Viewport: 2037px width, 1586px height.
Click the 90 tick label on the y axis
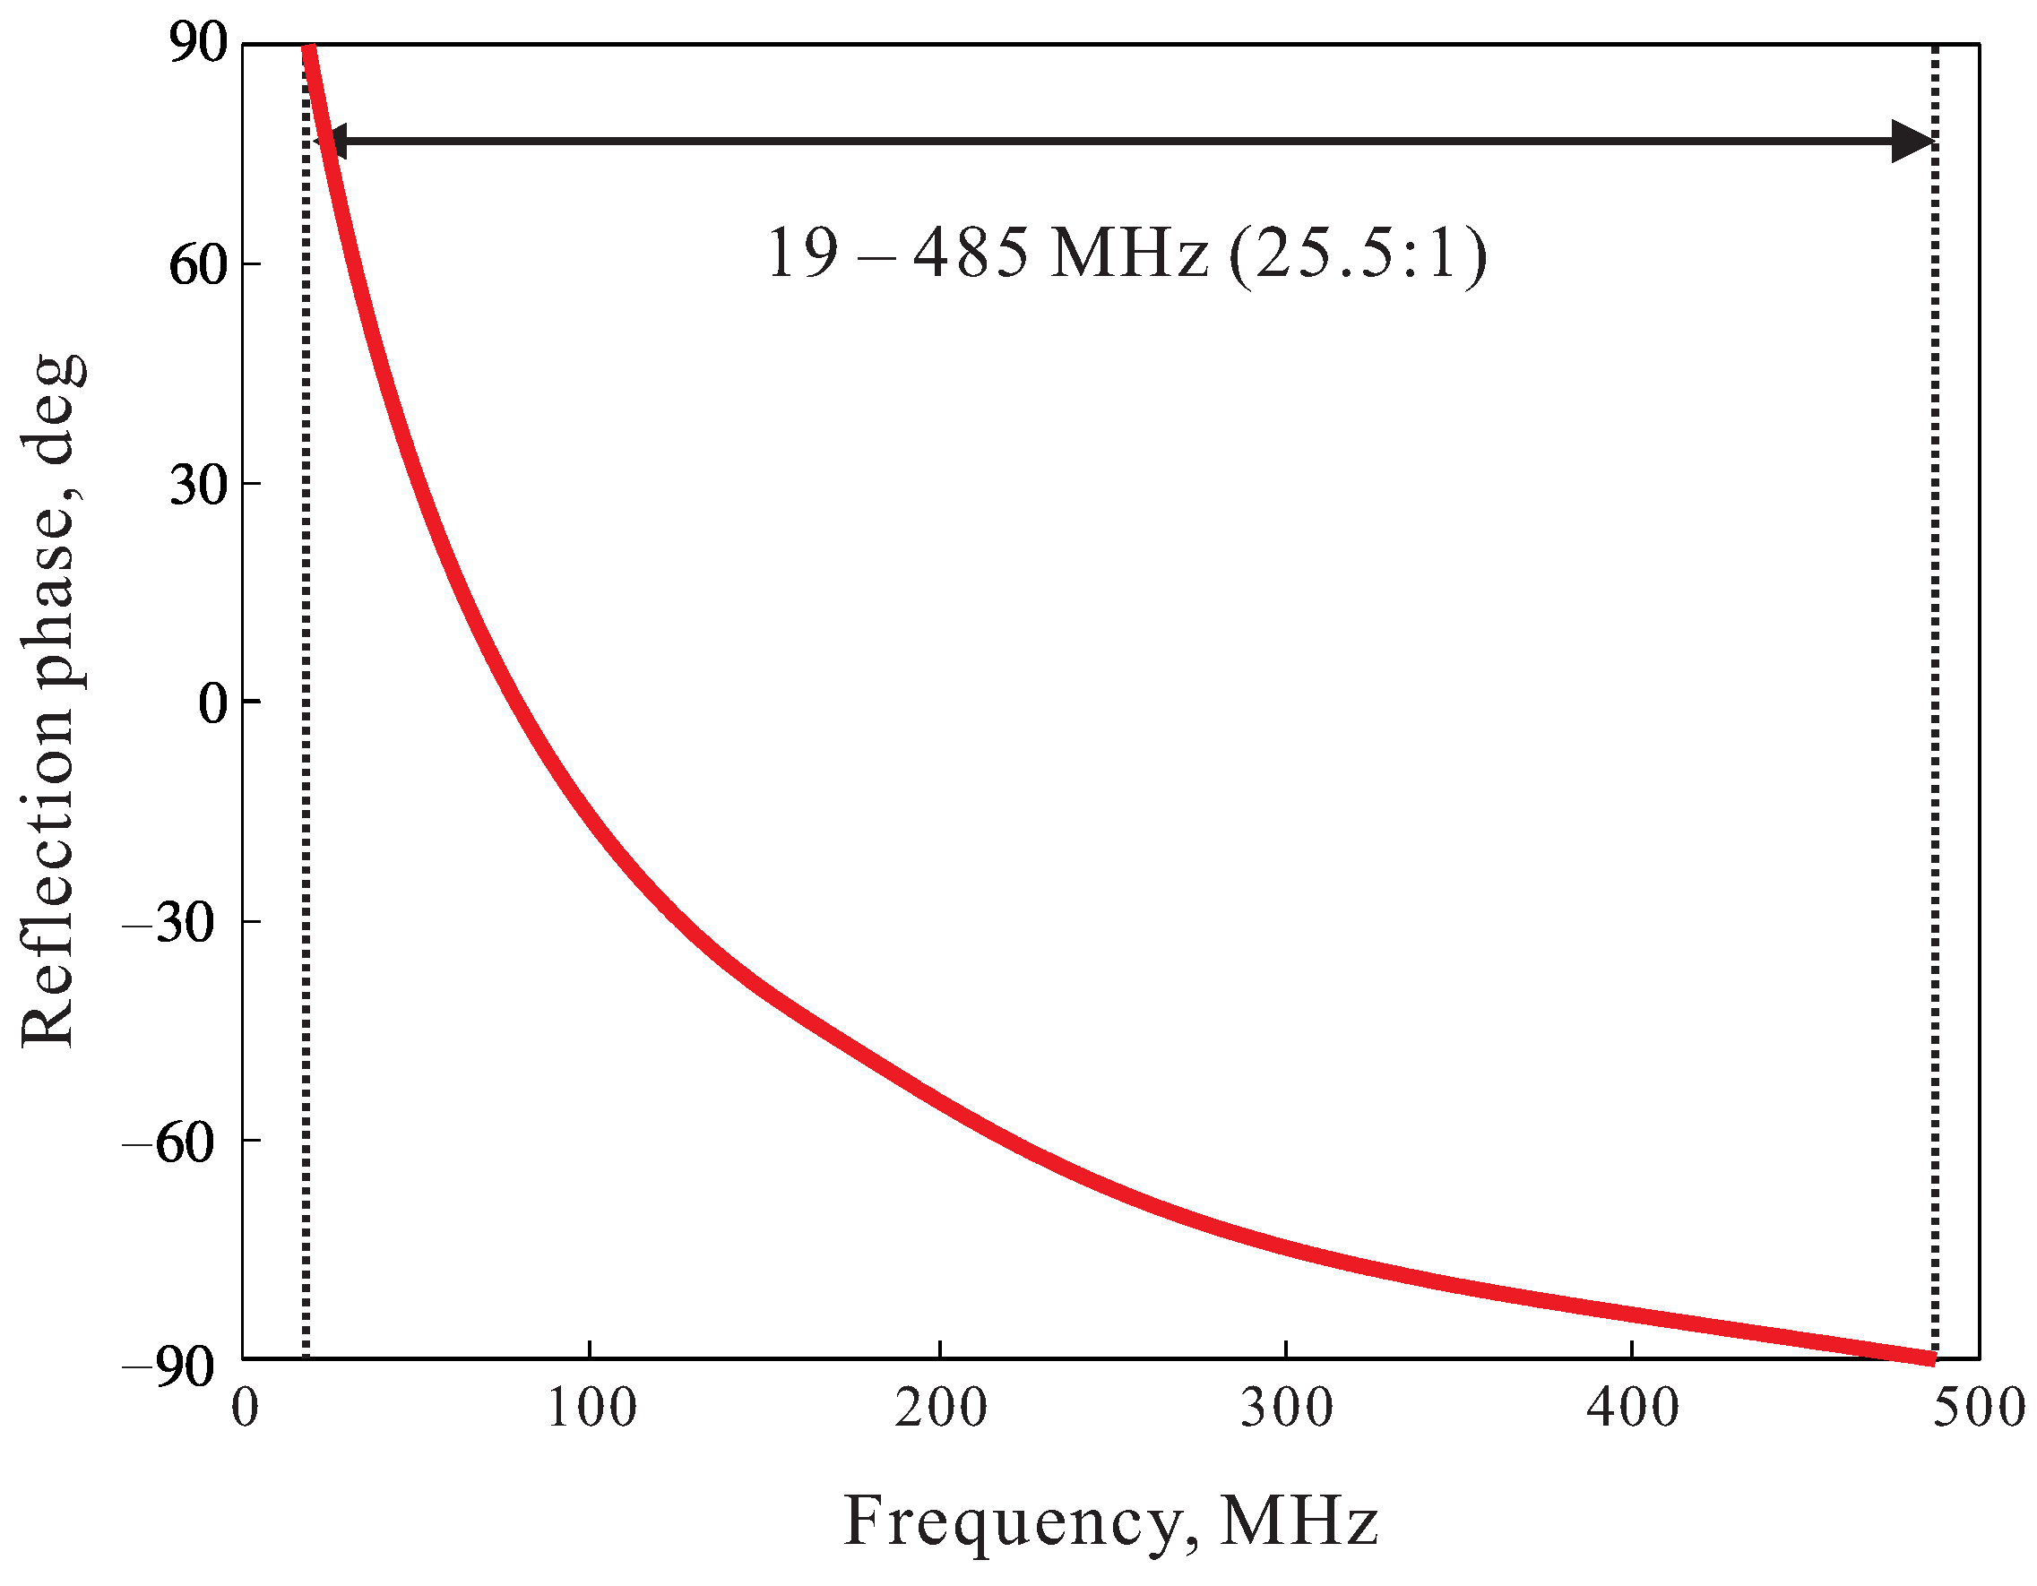[x=198, y=44]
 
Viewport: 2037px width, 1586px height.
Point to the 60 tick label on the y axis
[x=198, y=265]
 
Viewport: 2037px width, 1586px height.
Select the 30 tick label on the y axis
[x=198, y=485]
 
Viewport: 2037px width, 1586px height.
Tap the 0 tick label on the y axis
[x=212, y=703]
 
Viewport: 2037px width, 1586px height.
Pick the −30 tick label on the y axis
[x=168, y=923]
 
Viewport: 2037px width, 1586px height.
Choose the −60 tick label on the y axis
[x=168, y=1142]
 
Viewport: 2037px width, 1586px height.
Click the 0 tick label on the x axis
[x=245, y=1408]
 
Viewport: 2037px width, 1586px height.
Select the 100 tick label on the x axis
[x=591, y=1408]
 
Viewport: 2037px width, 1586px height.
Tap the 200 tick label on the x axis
[x=940, y=1408]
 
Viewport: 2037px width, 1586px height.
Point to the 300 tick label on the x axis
[x=1286, y=1408]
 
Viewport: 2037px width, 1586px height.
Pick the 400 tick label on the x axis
[x=1632, y=1408]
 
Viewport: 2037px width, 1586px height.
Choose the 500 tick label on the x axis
[x=1978, y=1408]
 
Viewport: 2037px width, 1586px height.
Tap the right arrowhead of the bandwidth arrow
[x=1914, y=142]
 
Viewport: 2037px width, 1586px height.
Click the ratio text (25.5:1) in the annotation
[x=1357, y=254]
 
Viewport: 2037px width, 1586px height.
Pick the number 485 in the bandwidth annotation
[x=970, y=254]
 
